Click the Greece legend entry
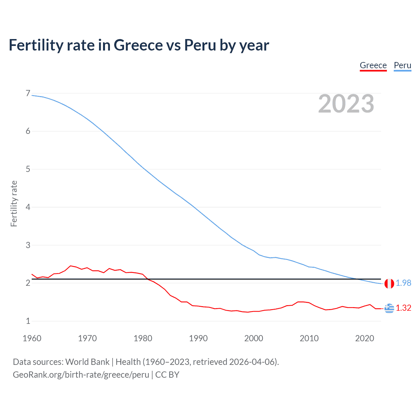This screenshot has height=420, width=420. (x=373, y=65)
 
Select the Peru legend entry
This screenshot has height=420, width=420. (x=402, y=65)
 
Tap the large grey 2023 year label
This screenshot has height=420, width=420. (x=346, y=104)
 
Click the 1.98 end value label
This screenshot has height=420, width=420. (x=403, y=283)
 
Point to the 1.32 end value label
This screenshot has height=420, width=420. (x=403, y=308)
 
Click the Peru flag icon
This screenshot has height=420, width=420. (x=389, y=283)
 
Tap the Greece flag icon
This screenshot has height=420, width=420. (x=389, y=308)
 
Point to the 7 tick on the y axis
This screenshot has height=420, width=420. (x=28, y=94)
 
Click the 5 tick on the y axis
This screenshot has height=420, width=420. (x=28, y=169)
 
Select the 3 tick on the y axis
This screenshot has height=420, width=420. (x=28, y=245)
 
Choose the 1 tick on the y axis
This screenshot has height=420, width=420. (x=28, y=321)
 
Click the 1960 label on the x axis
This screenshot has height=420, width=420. (x=32, y=338)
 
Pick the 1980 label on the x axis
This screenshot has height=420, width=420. (x=143, y=338)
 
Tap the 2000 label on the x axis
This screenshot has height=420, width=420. (x=254, y=338)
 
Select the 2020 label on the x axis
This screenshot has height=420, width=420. (x=365, y=338)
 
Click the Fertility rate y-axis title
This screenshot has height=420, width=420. (x=14, y=203)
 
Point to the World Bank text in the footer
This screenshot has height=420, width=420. (x=87, y=362)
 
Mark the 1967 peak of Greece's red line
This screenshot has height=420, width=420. (x=71, y=266)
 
